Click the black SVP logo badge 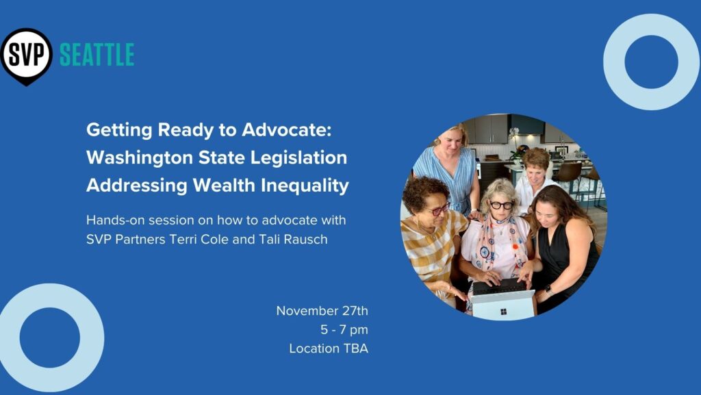(27, 55)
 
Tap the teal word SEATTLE (97, 55)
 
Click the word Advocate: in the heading (287, 130)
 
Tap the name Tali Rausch (293, 240)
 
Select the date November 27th (322, 311)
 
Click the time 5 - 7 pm (344, 330)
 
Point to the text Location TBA (329, 348)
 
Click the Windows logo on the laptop (503, 311)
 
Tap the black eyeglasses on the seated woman (502, 205)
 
